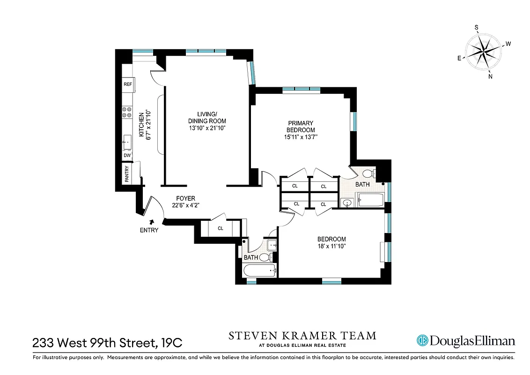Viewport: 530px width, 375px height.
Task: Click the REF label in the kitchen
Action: coord(127,84)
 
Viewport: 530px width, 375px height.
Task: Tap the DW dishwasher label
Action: coord(127,156)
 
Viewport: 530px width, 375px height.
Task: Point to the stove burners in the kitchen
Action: coord(126,112)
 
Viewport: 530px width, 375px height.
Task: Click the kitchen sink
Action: coord(126,140)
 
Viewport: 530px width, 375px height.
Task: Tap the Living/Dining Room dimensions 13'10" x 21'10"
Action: coord(207,128)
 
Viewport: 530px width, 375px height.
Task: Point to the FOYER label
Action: coord(185,198)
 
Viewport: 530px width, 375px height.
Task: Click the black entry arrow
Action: coord(151,222)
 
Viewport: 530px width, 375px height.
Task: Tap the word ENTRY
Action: coord(149,230)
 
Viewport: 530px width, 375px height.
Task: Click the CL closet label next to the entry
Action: coord(220,228)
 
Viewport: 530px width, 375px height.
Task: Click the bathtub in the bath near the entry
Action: coord(259,271)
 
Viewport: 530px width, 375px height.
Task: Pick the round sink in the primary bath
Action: coord(346,203)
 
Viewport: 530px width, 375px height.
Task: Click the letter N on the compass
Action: coord(490,77)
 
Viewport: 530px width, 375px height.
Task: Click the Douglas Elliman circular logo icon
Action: coord(422,340)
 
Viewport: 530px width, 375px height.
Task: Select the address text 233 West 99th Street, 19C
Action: coord(107,343)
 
